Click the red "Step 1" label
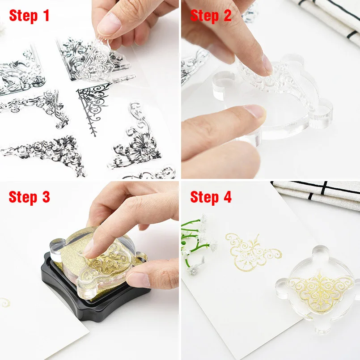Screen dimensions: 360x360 click(x=29, y=16)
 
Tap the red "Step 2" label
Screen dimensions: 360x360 click(x=211, y=16)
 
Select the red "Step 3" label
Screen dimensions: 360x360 click(x=29, y=197)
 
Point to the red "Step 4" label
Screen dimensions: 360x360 click(x=211, y=197)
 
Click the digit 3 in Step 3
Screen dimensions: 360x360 click(x=46, y=197)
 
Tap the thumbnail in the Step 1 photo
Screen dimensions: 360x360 click(x=109, y=25)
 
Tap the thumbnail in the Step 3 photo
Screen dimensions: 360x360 click(x=138, y=280)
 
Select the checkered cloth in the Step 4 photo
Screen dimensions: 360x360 click(x=317, y=193)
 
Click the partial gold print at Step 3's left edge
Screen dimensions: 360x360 click(x=5, y=302)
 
